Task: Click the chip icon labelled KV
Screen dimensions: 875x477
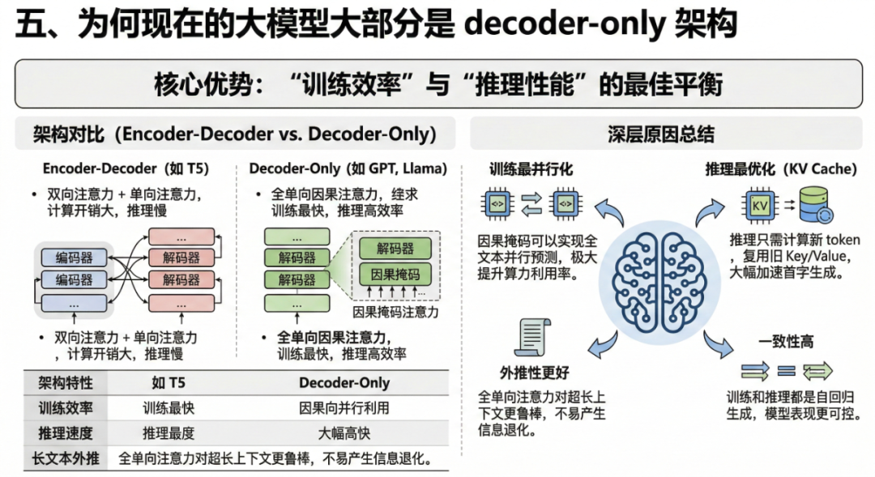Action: (x=759, y=206)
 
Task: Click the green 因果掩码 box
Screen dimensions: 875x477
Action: (x=395, y=274)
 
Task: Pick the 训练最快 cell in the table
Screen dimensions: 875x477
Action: (x=169, y=408)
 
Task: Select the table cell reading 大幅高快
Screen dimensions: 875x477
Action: (x=344, y=433)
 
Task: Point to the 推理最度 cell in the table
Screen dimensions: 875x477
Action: (x=169, y=433)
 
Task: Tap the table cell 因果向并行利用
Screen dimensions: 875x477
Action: (x=344, y=408)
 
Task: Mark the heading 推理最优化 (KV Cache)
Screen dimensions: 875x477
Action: (x=780, y=169)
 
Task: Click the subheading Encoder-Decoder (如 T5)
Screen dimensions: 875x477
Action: (x=126, y=169)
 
